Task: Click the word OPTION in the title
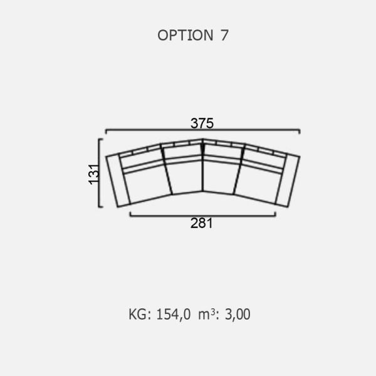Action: pos(185,35)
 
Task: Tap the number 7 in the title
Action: pos(224,35)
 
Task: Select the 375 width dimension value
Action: pos(202,123)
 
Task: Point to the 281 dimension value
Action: pos(201,223)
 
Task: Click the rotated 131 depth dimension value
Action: pos(94,174)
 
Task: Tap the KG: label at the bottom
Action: pos(140,314)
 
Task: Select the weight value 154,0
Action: pos(174,315)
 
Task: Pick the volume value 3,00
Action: pos(238,315)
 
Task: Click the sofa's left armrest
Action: pos(118,180)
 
